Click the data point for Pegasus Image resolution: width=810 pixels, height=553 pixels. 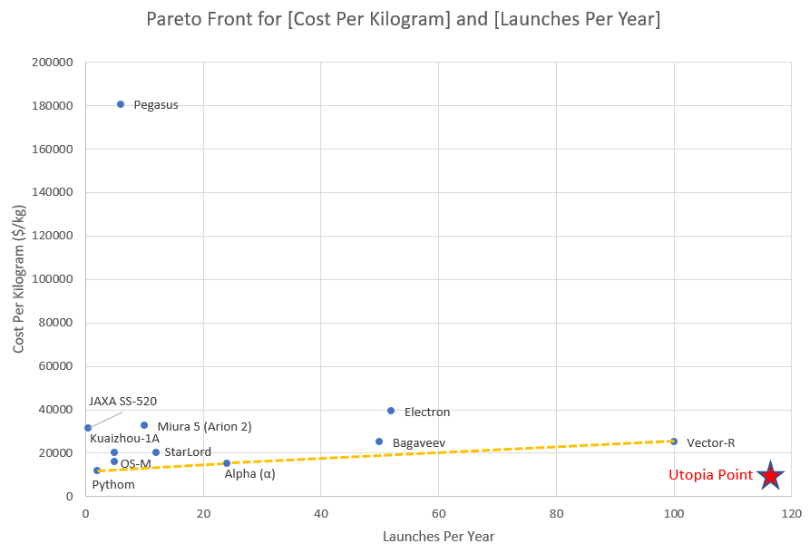121,104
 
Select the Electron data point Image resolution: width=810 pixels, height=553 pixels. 391,411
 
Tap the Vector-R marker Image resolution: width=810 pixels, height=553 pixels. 674,441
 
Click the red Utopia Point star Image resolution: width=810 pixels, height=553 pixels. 770,475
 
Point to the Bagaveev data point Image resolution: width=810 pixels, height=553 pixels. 379,441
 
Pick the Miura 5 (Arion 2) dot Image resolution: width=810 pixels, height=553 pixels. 144,425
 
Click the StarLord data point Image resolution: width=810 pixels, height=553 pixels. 156,452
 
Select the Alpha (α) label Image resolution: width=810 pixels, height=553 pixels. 249,473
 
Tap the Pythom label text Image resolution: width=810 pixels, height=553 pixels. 113,484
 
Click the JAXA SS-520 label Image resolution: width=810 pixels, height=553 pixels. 122,401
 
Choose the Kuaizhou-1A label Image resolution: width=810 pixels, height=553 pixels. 124,439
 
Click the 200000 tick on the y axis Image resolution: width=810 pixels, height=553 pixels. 53,63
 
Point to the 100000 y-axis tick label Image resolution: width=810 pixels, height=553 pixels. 53,279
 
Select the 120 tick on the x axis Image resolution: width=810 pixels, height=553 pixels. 791,513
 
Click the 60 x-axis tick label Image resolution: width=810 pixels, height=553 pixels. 438,513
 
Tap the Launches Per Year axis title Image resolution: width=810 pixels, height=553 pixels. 438,537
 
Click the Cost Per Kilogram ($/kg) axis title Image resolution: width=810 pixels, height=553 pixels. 18,279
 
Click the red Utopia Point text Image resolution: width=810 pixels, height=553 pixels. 710,475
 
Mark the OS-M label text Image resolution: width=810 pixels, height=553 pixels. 135,464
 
